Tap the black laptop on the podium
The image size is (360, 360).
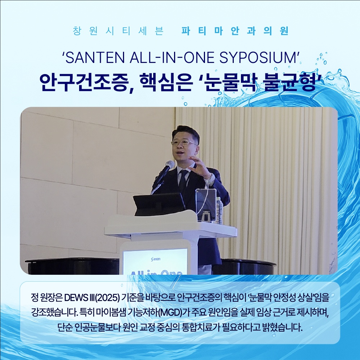point(159,204)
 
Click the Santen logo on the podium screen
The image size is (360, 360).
point(156,259)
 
